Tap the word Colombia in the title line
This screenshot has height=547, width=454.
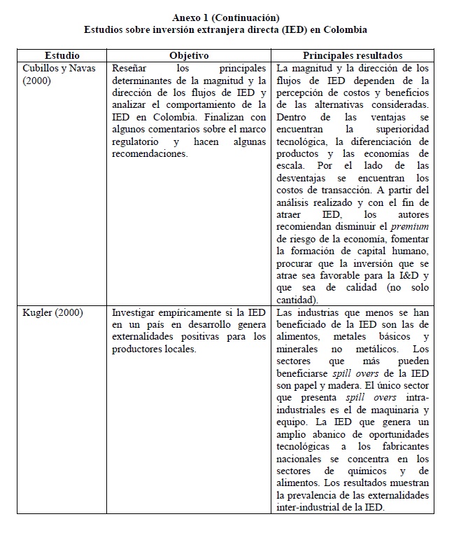342,30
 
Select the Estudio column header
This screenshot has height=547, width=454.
62,55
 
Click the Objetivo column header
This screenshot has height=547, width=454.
189,55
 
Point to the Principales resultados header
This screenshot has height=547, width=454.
352,55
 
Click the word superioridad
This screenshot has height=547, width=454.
399,129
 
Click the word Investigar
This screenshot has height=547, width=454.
137,312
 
